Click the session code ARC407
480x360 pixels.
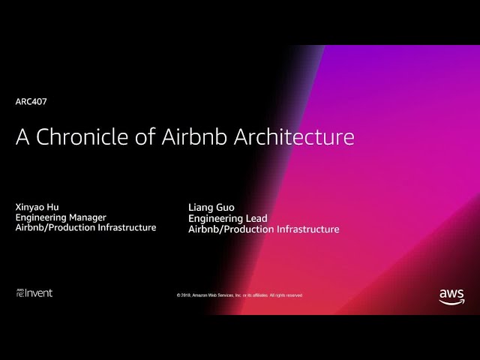[x=31, y=102]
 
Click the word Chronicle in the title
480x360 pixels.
[x=82, y=136]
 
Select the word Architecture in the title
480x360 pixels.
[x=294, y=136]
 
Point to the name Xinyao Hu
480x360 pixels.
[x=37, y=207]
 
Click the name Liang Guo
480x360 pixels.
[x=211, y=208]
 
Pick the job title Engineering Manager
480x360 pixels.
[x=61, y=217]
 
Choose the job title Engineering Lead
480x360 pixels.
[x=228, y=218]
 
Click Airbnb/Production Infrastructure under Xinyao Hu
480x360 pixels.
[x=86, y=227]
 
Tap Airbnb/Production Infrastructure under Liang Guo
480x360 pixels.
[x=264, y=229]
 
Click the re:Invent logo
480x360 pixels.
[x=34, y=293]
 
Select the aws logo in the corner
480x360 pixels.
[x=451, y=297]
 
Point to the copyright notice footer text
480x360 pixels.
[x=239, y=295]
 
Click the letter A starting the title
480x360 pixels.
[x=22, y=136]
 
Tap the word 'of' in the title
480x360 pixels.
[x=145, y=136]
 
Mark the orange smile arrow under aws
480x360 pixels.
[x=451, y=302]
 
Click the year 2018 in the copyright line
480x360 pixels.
[x=186, y=295]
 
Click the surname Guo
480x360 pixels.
[x=223, y=208]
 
